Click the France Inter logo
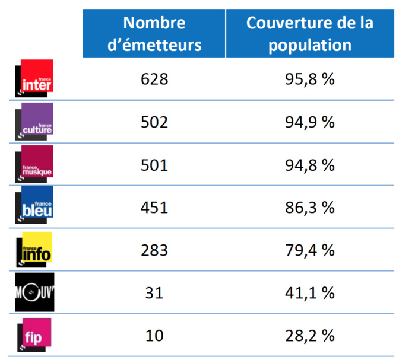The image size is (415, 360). (35, 78)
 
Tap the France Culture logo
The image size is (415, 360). (35, 121)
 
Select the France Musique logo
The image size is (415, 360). (35, 164)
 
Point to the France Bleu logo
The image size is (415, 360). (35, 207)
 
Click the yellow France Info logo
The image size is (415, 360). (35, 250)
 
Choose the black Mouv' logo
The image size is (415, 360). (35, 292)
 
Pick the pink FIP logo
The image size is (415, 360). (35, 336)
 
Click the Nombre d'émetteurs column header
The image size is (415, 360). (154, 34)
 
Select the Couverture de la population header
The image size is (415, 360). (310, 34)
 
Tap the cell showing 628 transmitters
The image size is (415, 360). (154, 79)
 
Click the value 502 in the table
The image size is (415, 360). (154, 122)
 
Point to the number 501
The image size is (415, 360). (154, 165)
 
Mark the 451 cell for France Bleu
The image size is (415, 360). (154, 208)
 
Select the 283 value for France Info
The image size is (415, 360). (154, 250)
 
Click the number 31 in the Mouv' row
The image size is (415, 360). (154, 293)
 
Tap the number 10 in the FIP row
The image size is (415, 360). (154, 336)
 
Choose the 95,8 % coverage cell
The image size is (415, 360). (309, 79)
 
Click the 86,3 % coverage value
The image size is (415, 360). (309, 208)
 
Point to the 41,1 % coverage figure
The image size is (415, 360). (309, 293)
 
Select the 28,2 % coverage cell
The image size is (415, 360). (309, 336)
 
